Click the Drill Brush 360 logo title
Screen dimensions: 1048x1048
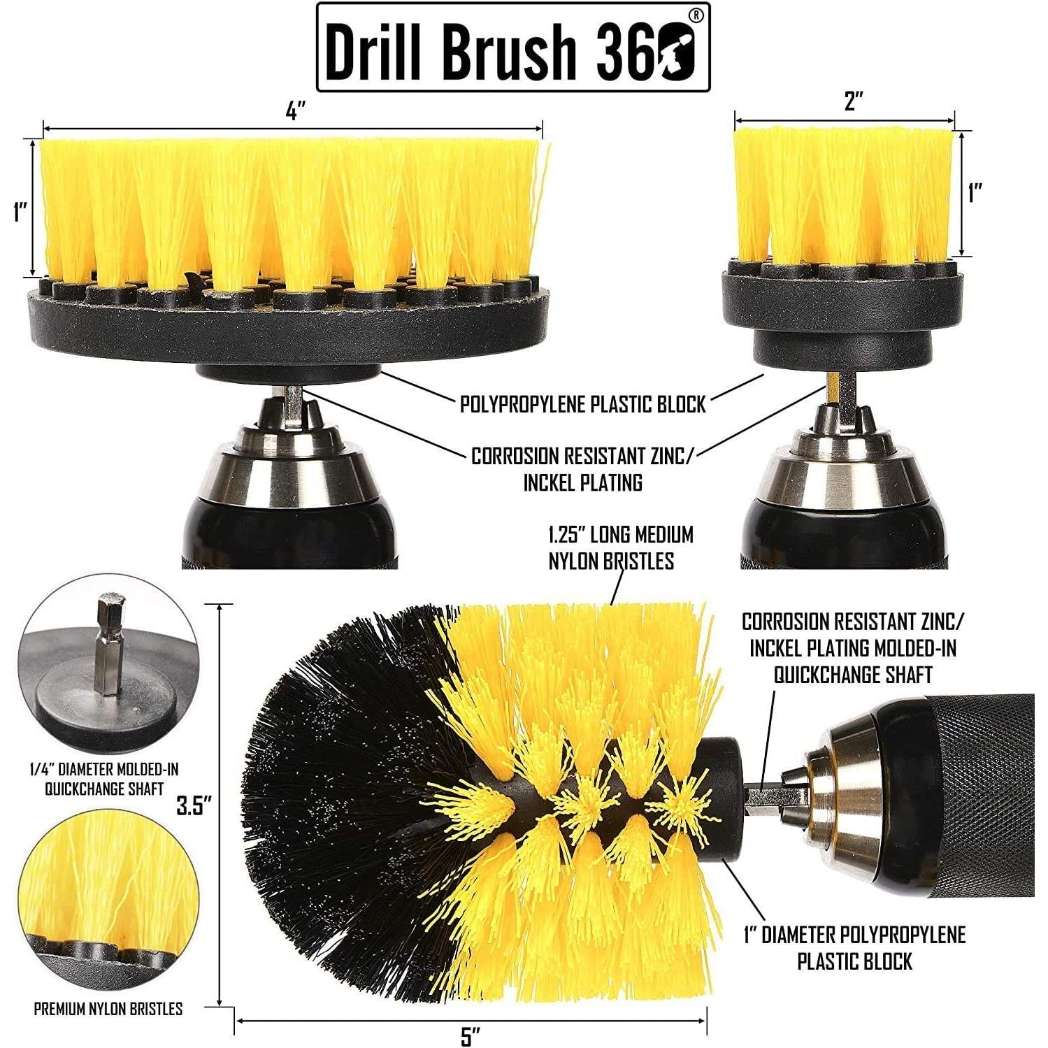(x=513, y=48)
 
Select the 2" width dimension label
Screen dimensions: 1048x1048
(x=854, y=101)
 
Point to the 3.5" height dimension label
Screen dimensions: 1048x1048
(x=194, y=805)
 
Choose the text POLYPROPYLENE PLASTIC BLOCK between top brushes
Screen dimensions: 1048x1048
(x=583, y=404)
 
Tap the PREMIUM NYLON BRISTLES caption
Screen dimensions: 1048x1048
(x=108, y=1008)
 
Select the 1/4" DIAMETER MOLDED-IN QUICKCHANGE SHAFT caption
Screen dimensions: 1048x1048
(x=104, y=779)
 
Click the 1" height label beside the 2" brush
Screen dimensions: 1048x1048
(x=975, y=192)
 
